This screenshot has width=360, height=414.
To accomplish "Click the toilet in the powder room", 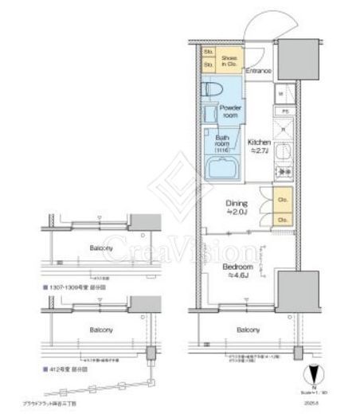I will coord(209,90).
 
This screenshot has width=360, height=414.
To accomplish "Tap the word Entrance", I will coord(259,72).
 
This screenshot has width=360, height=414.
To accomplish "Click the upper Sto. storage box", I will coord(209,53).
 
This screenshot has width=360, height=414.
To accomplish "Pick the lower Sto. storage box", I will coord(209,64).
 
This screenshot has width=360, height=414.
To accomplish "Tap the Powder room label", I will coord(230,110).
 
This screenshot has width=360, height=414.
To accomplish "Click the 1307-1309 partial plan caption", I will coord(75,283).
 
